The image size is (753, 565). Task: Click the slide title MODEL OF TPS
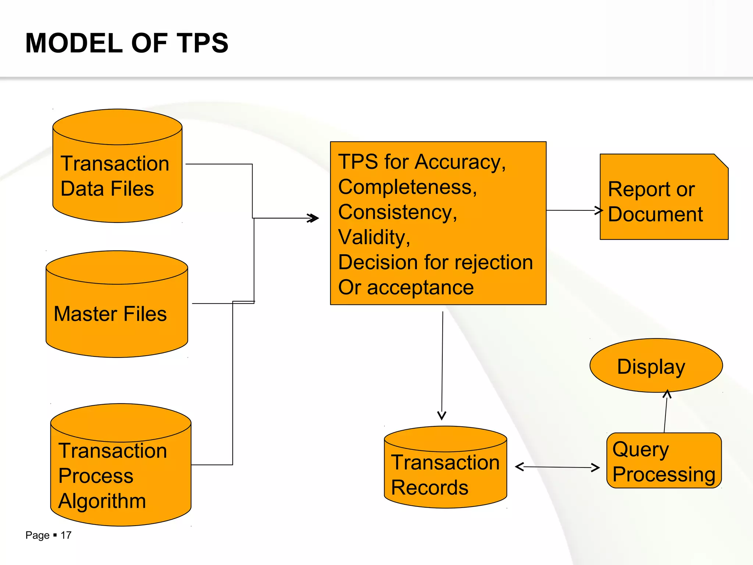tap(127, 43)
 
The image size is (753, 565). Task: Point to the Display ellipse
tap(656, 366)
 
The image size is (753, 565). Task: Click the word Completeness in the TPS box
tap(407, 187)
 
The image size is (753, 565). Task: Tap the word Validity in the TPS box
tap(374, 237)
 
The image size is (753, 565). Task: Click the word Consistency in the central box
tap(397, 212)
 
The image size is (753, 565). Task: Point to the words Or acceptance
tap(406, 288)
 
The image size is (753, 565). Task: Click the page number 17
tap(66, 535)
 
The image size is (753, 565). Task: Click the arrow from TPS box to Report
tap(574, 210)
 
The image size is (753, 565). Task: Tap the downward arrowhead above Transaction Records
tap(442, 416)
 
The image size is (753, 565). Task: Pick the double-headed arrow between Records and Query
tap(557, 467)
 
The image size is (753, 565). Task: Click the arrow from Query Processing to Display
tap(666, 412)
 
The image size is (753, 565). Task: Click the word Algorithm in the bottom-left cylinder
tap(102, 501)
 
